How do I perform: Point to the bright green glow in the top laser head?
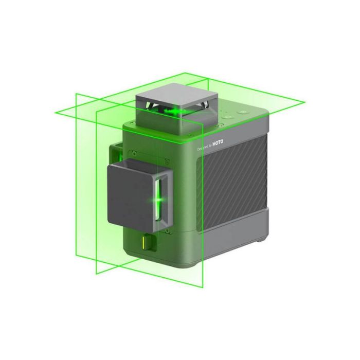click(177, 111)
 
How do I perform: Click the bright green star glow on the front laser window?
click(160, 197)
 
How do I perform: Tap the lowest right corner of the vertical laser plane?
click(205, 287)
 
